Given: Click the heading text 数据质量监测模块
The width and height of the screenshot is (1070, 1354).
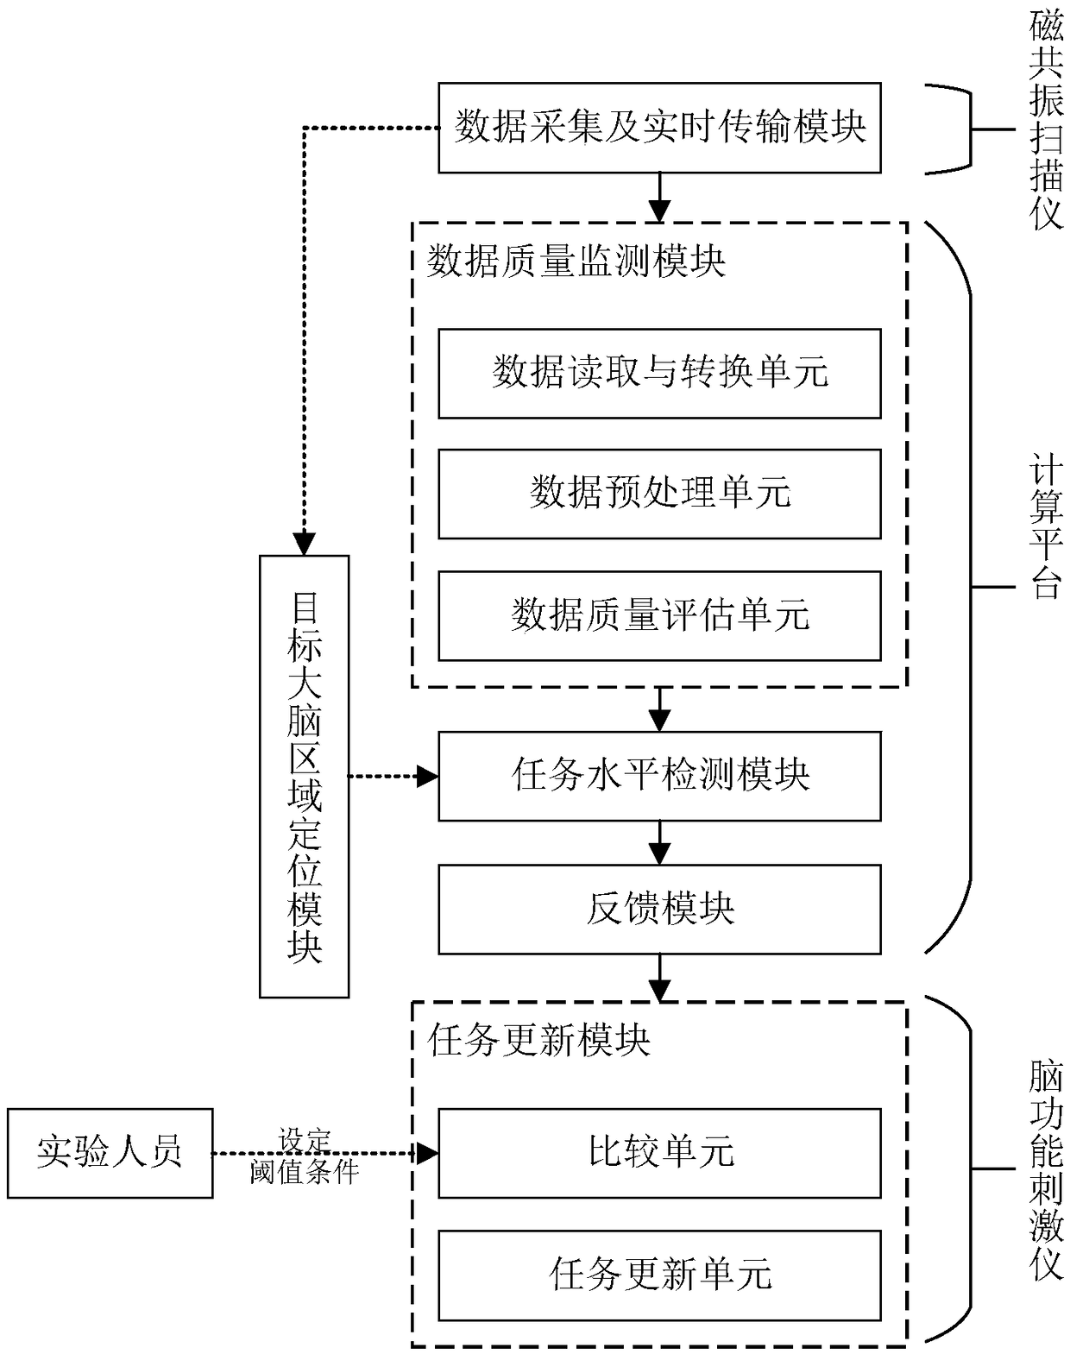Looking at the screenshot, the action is [576, 261].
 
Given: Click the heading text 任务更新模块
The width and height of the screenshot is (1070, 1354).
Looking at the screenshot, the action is [538, 1039].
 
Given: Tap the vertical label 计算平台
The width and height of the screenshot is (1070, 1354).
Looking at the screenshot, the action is [1047, 526].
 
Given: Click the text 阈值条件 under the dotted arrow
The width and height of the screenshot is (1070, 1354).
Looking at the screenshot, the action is [305, 1172].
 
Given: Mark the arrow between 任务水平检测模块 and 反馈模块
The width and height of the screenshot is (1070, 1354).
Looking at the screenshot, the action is [659, 842].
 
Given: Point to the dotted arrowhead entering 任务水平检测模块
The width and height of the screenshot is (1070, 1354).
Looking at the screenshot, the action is [428, 777].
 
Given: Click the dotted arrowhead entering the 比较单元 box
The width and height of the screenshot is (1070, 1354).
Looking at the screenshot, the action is [428, 1153].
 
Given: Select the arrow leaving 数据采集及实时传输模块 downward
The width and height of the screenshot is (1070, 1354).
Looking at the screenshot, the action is [659, 198].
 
